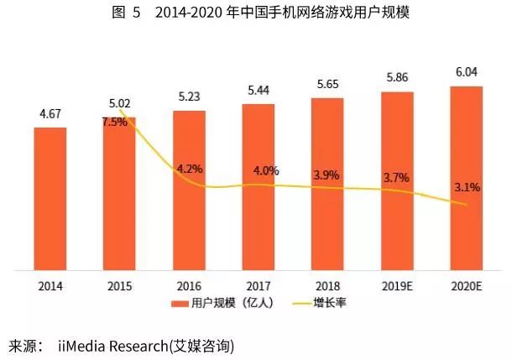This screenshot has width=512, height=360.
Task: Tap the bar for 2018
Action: (x=327, y=185)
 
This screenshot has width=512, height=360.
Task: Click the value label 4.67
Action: (x=51, y=115)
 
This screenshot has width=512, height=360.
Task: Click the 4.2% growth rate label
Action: (x=188, y=169)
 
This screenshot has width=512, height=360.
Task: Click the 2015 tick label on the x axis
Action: (x=119, y=285)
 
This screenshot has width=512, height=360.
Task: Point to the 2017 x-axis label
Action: (x=259, y=285)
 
